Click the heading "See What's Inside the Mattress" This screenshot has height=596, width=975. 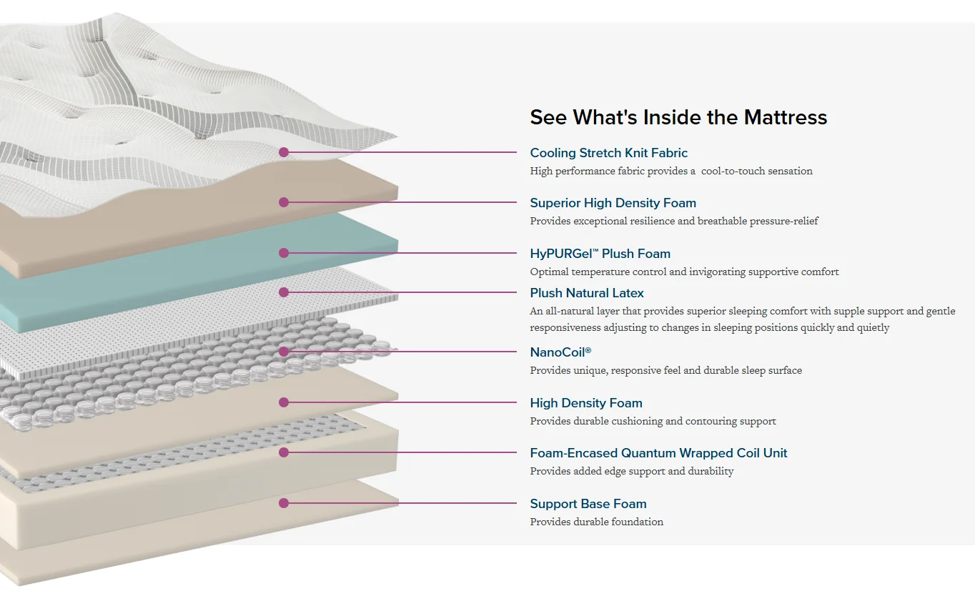pos(678,117)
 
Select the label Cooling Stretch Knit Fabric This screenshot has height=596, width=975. pos(608,153)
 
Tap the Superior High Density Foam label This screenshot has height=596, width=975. pos(613,203)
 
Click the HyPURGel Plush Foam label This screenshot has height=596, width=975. pos(600,254)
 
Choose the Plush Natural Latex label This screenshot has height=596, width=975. pos(587,293)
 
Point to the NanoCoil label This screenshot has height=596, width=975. pos(560,352)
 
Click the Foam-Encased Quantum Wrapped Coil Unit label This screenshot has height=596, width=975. pos(658,453)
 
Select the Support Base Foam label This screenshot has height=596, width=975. pos(588,504)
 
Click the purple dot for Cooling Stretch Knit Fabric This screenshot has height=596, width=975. pos(284,152)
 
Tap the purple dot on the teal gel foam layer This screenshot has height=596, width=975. pos(284,253)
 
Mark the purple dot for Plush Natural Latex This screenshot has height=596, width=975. pos(284,292)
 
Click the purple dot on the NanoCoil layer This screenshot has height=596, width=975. pos(284,352)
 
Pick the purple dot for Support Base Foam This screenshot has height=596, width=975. pos(284,503)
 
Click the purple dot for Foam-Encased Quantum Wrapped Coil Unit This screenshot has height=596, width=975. pos(284,452)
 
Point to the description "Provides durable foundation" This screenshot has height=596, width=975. pos(596,522)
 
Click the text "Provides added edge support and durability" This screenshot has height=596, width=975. pos(631,472)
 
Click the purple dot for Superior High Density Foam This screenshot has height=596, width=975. pos(284,202)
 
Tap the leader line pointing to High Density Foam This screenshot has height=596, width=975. pos(400,402)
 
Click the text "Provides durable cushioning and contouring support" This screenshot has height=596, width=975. pos(653,422)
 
